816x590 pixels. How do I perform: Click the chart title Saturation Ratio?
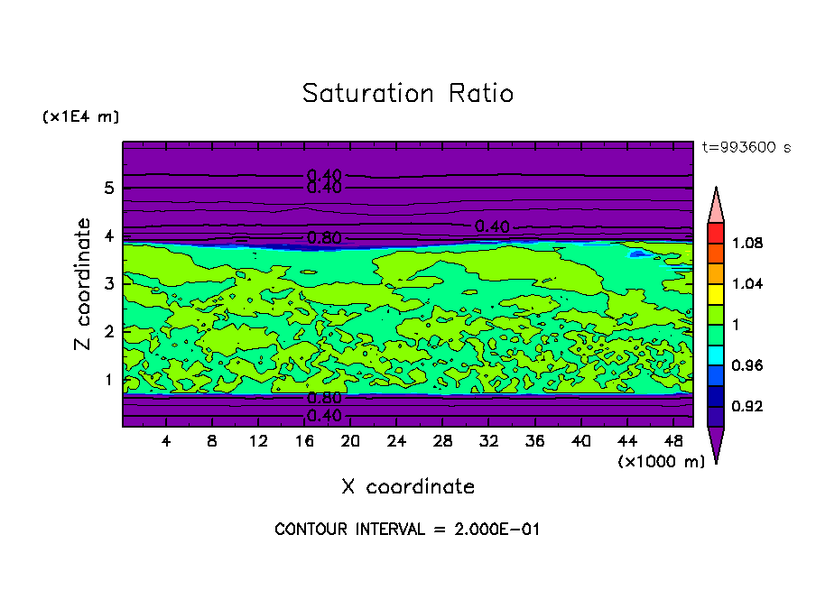coord(407,94)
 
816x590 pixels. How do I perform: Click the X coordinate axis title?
coord(408,487)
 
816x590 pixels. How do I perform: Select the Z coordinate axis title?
coord(84,284)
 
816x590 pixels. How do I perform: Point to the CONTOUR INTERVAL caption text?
coord(407,530)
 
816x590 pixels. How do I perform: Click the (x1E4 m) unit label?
coord(80,117)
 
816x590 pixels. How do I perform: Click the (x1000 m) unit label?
coord(662,462)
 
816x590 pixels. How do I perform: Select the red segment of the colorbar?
coord(716,232)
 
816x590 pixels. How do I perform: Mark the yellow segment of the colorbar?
coord(716,293)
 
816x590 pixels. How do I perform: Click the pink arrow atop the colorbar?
coord(716,205)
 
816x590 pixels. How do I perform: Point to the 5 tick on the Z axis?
coord(109,189)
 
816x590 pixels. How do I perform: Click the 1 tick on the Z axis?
coord(109,380)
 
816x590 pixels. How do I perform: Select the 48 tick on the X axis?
coord(672,441)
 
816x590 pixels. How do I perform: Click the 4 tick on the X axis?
coord(166,441)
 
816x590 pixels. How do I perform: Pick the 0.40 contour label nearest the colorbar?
coord(492,226)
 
